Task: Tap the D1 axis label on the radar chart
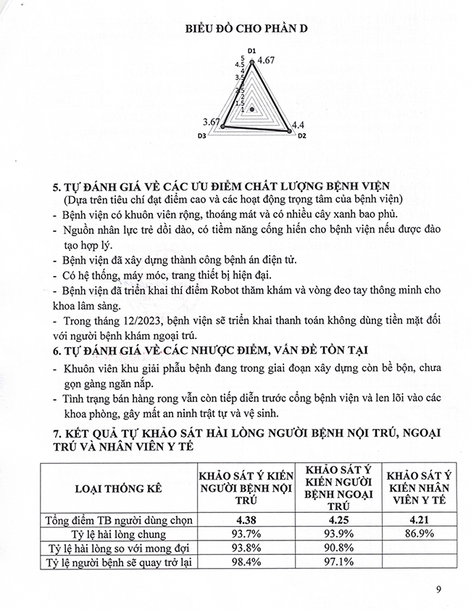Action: (x=252, y=51)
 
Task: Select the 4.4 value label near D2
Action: (x=298, y=125)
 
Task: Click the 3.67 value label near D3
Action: (x=211, y=121)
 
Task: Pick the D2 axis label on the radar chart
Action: (x=302, y=135)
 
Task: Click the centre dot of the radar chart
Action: (x=252, y=109)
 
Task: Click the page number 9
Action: (x=438, y=588)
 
